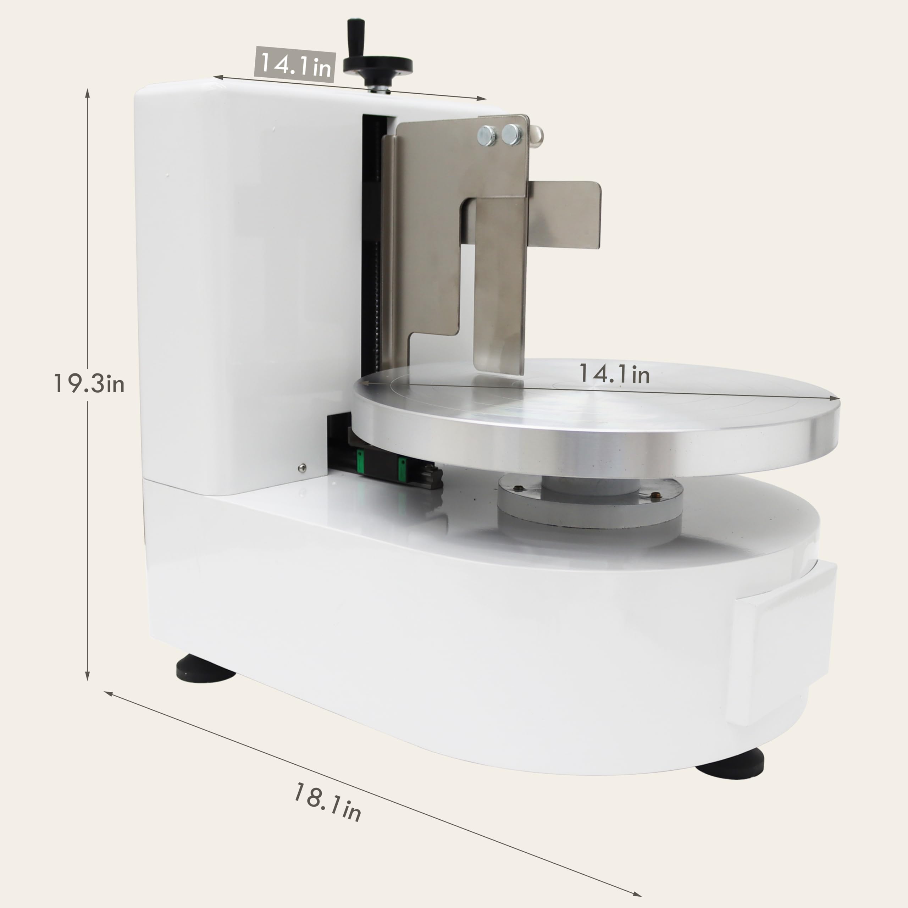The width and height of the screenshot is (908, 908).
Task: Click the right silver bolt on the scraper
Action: click(511, 134)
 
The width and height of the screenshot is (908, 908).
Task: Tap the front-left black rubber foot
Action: click(205, 668)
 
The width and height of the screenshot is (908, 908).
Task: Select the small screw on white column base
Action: click(302, 467)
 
